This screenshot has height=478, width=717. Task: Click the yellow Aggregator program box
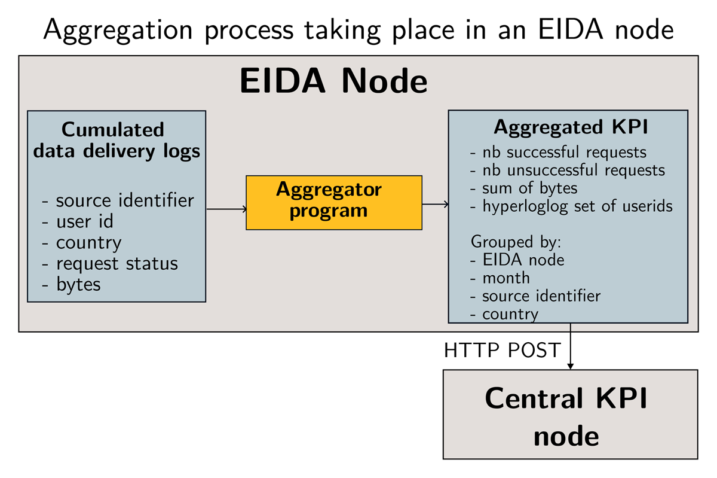[x=334, y=203]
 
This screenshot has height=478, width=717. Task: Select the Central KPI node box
[x=571, y=414]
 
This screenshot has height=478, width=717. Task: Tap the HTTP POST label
[x=502, y=350]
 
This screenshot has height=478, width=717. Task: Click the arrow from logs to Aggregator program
[x=226, y=209]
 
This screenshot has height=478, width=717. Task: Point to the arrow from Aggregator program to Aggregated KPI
[x=436, y=204]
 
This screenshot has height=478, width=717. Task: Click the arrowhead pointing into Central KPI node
[x=570, y=367]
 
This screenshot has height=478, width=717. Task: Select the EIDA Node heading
[x=333, y=81]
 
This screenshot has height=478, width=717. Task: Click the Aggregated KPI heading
[x=571, y=127]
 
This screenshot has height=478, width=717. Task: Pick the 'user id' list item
[x=78, y=221]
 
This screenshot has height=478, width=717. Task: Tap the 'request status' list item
[x=110, y=263]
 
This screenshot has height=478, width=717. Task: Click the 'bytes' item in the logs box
[x=71, y=284]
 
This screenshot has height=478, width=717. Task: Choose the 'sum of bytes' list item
[x=523, y=188]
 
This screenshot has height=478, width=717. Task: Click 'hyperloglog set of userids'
[x=571, y=206]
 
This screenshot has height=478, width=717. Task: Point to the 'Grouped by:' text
[x=516, y=242]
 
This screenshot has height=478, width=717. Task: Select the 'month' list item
[x=500, y=278]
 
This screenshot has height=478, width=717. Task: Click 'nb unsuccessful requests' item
[x=568, y=170]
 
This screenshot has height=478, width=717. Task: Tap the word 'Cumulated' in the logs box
[x=113, y=129]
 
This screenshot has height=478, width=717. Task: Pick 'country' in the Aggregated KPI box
[x=504, y=314]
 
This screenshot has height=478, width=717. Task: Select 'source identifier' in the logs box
[x=118, y=200]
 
